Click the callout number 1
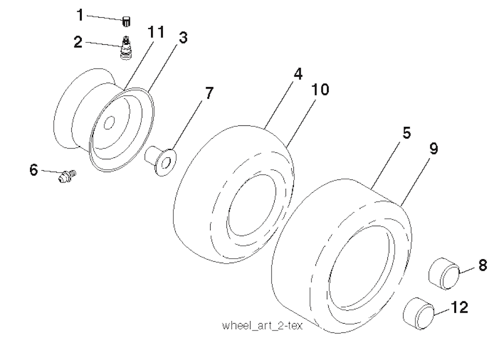click(x=80, y=15)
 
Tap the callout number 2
click(x=78, y=42)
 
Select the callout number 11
click(x=156, y=32)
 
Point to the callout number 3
click(x=183, y=37)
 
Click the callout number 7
click(x=209, y=93)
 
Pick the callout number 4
click(x=298, y=74)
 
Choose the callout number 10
click(x=320, y=90)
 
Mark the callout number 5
click(x=407, y=133)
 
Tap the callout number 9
click(x=434, y=149)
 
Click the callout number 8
click(x=482, y=266)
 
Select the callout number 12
click(x=460, y=307)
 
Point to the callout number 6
click(x=34, y=170)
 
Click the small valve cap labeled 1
click(x=126, y=22)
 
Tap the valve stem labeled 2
click(x=126, y=48)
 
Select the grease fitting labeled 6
click(x=67, y=176)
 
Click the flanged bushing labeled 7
click(x=160, y=160)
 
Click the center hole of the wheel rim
click(x=109, y=122)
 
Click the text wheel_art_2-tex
click(x=262, y=326)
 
